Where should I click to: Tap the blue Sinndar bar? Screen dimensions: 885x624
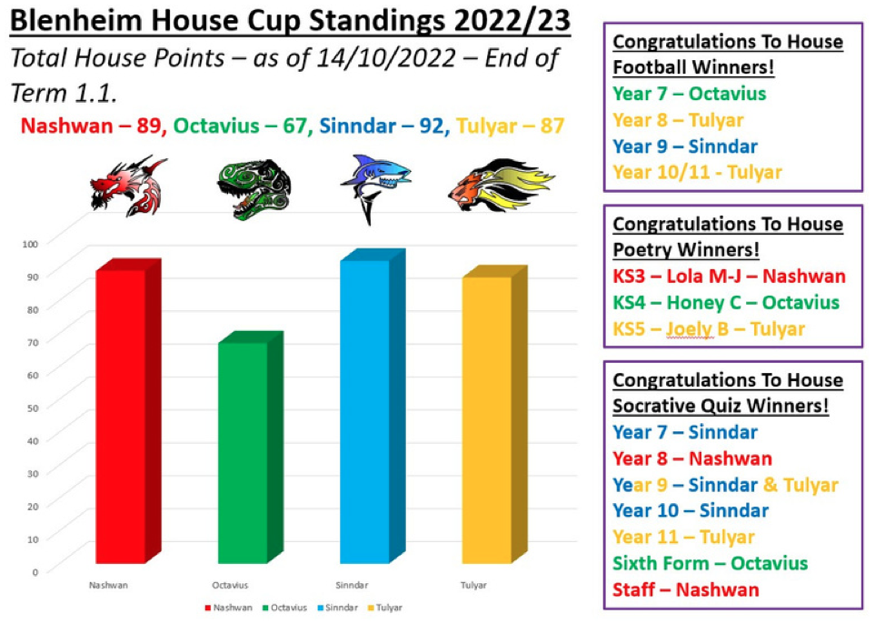coord(373,406)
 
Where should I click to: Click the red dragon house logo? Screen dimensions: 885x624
coord(129,186)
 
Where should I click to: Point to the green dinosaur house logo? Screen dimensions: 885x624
coord(254,189)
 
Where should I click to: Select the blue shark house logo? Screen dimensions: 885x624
coord(374,188)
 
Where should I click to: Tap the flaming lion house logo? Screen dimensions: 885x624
coord(502,185)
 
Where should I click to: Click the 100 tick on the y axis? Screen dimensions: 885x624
coord(30,244)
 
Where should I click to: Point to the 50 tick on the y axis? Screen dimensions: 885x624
coord(32,408)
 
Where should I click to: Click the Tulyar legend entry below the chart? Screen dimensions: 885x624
coord(385,608)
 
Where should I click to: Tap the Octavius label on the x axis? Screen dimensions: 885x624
coord(230,585)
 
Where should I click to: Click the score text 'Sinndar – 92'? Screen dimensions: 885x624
coord(383,126)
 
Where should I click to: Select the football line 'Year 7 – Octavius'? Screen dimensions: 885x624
coord(689,94)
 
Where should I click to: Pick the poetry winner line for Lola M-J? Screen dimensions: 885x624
coord(730,276)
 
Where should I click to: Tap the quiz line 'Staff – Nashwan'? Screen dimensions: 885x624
coord(686,589)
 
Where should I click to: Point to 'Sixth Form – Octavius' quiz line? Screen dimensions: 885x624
coord(710,563)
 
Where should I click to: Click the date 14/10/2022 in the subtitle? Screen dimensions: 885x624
coord(385,57)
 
